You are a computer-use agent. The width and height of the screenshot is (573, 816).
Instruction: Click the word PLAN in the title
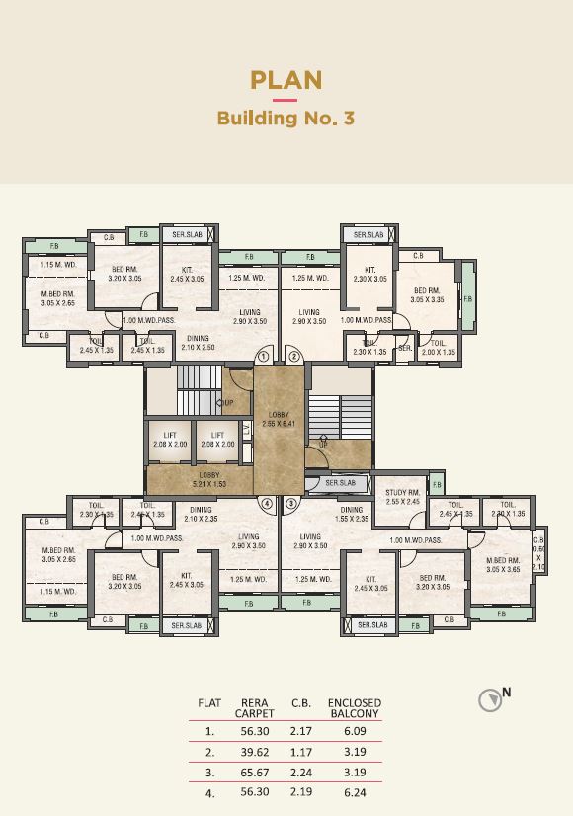(x=286, y=80)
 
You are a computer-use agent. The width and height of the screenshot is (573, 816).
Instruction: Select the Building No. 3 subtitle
(x=286, y=119)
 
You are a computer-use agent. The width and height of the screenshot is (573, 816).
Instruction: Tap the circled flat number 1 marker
(x=264, y=357)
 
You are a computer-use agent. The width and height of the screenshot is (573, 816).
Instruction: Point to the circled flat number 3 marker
(x=291, y=503)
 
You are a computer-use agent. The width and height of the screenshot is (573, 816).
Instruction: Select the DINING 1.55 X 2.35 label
(x=353, y=515)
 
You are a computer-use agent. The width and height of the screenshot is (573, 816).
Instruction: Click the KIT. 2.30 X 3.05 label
(x=370, y=275)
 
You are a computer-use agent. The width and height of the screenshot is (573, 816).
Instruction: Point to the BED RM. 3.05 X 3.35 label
(x=427, y=294)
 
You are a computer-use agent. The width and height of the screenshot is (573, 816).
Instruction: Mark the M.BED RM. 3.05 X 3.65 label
(x=502, y=565)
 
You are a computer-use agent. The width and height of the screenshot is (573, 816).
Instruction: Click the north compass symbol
(x=490, y=699)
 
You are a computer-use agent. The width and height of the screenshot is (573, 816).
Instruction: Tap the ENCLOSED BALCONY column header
(x=354, y=708)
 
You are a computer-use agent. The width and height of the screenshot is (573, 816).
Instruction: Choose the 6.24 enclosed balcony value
(x=354, y=792)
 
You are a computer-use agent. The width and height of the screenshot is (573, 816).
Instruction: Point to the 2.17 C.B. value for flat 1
(x=301, y=732)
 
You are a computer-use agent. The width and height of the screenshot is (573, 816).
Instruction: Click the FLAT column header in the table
(x=209, y=703)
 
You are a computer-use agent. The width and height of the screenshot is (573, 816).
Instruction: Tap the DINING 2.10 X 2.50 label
(x=199, y=343)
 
